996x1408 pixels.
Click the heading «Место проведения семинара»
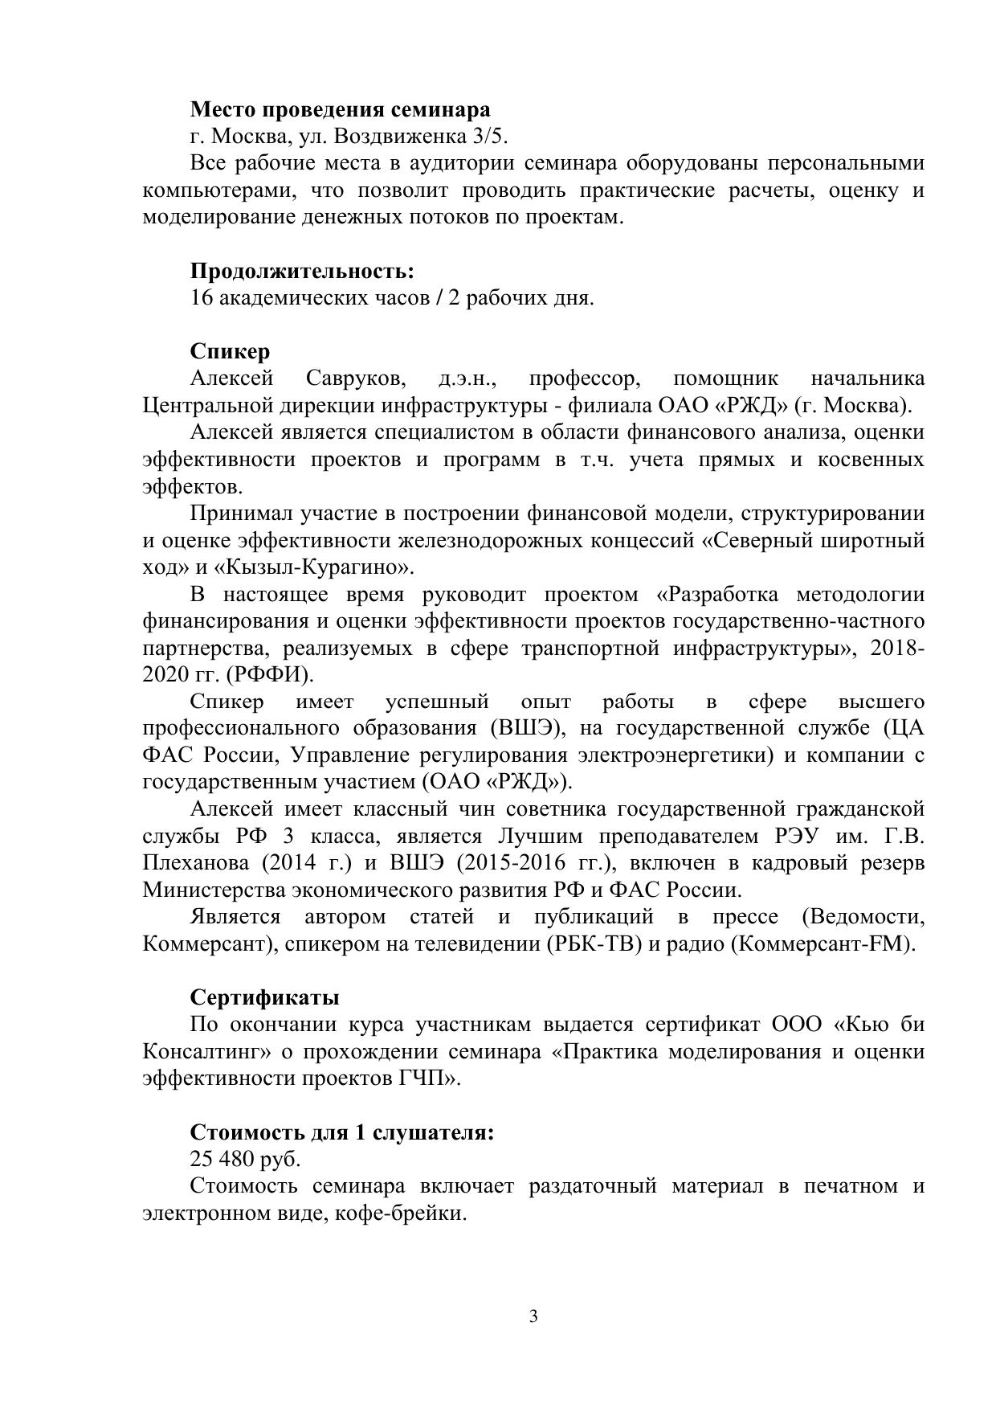[x=340, y=109]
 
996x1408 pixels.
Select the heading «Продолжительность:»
[x=302, y=271]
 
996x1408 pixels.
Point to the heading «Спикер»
[x=230, y=351]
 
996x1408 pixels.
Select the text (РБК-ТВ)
[x=594, y=943]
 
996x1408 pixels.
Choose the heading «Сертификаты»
[x=264, y=997]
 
